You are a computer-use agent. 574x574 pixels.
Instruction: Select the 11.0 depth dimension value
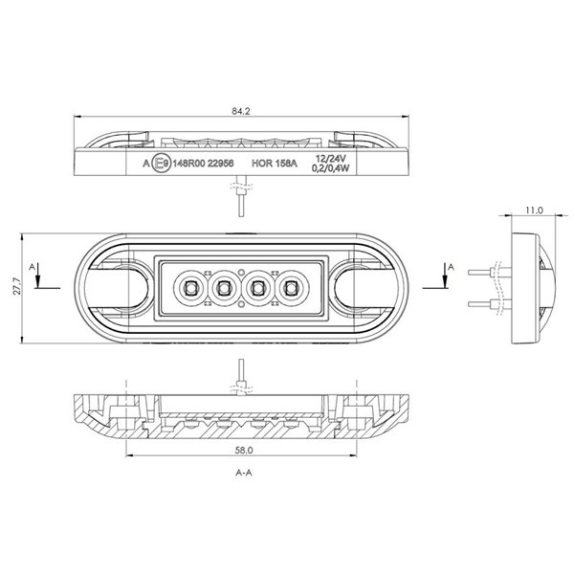(534, 209)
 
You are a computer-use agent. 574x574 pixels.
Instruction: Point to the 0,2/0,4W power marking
(330, 169)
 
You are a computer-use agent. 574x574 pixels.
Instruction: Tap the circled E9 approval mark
(163, 164)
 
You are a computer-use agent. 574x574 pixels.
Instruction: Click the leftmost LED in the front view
(190, 286)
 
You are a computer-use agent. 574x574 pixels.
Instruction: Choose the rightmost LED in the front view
(289, 286)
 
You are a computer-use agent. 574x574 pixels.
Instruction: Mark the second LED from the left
(224, 286)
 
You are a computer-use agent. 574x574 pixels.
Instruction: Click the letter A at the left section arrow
(33, 264)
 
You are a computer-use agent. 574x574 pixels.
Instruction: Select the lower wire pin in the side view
(483, 304)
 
